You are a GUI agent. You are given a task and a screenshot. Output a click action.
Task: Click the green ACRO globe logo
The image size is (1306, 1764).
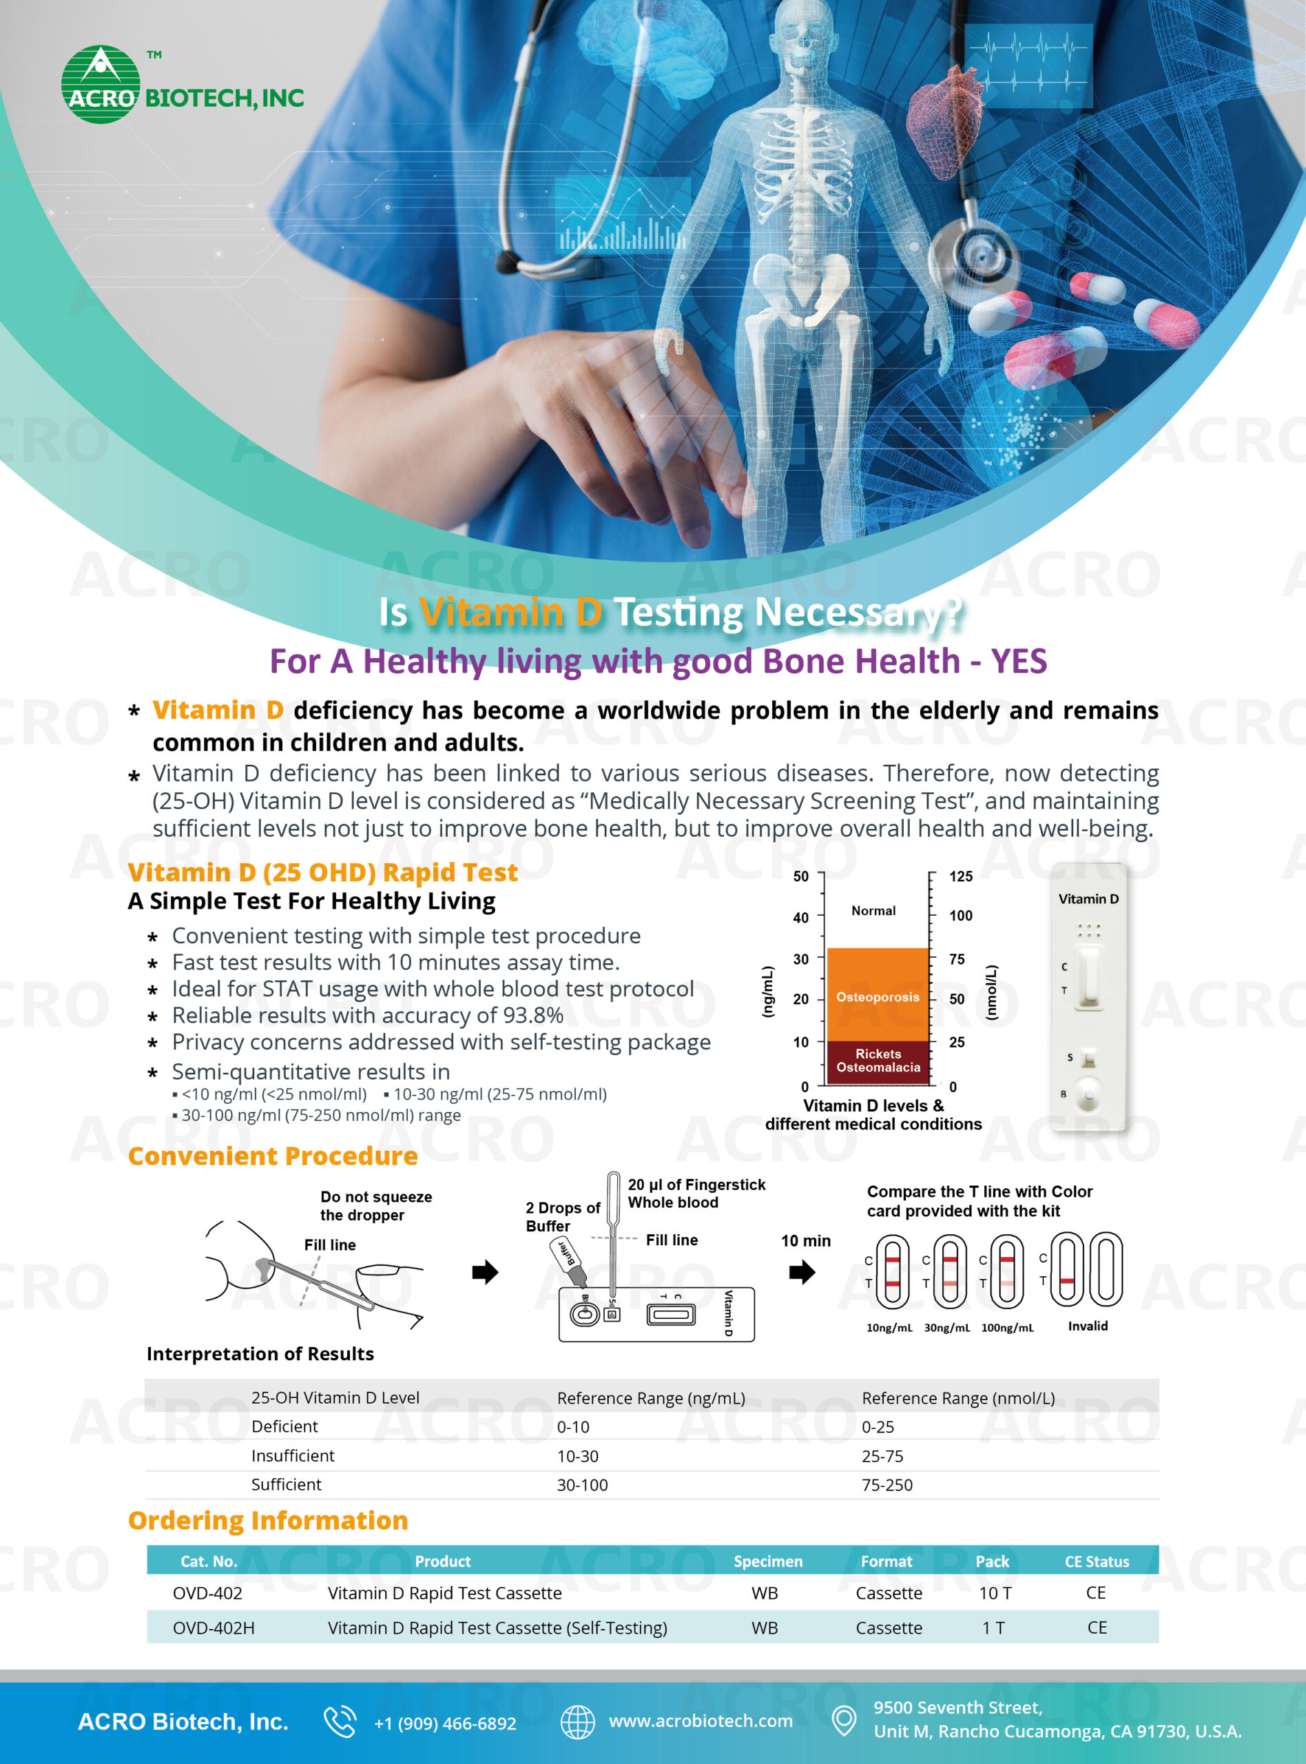point(101,85)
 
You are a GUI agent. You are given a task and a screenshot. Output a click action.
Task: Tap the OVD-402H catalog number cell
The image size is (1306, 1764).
point(214,1627)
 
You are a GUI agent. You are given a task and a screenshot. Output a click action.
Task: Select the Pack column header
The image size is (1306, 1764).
point(992,1561)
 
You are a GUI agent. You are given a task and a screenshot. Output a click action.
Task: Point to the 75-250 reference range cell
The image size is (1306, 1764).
point(887,1485)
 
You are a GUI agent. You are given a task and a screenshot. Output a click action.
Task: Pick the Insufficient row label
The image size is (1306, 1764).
point(293,1455)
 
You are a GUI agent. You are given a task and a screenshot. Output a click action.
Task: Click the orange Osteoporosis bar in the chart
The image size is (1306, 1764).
point(878,995)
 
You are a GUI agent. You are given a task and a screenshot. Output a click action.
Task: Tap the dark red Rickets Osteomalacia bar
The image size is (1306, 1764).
point(878,1063)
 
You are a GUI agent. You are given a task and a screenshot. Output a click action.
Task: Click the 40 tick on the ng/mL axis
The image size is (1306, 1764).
point(801,917)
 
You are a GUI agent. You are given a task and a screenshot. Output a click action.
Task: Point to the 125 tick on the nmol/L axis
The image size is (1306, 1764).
point(960,876)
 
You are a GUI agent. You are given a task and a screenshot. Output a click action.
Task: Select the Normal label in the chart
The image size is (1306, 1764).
point(873,911)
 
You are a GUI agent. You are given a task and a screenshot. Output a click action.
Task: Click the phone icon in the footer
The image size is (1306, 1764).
point(340,1721)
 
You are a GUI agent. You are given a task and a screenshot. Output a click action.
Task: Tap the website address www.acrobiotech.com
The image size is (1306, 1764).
point(701,1721)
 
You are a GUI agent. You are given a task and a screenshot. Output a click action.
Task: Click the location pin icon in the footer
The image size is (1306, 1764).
point(844,1721)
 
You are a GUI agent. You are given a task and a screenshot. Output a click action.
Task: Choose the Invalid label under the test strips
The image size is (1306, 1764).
point(1088,1326)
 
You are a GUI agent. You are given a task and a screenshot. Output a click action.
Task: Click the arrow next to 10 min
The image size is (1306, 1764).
point(802,1272)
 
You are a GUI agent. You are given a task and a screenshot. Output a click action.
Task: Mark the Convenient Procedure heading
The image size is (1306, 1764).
point(273,1156)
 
